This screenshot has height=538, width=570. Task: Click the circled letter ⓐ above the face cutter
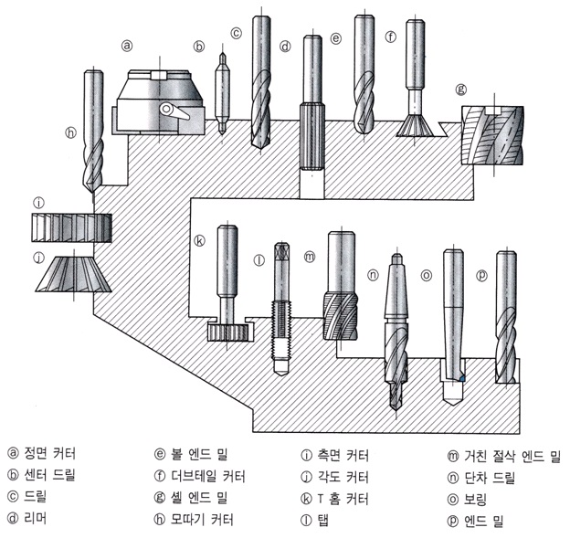[127, 46]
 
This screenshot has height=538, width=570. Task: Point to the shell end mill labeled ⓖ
[492, 135]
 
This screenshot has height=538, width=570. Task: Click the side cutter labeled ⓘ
[71, 227]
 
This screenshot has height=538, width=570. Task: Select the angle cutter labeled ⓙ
[73, 274]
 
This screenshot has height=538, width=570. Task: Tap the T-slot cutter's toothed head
[228, 332]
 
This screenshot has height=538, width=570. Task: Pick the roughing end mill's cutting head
[341, 316]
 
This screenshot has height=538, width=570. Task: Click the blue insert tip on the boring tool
[462, 378]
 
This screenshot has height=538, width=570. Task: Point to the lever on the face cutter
[174, 111]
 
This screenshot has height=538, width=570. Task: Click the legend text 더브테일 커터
[208, 476]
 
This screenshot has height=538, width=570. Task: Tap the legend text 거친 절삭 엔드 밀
[512, 456]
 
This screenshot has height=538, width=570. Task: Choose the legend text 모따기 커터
[202, 520]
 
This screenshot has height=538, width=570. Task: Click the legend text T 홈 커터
[343, 499]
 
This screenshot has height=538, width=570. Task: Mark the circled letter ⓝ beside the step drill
[373, 275]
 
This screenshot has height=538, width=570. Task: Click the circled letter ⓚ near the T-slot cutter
[199, 241]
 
